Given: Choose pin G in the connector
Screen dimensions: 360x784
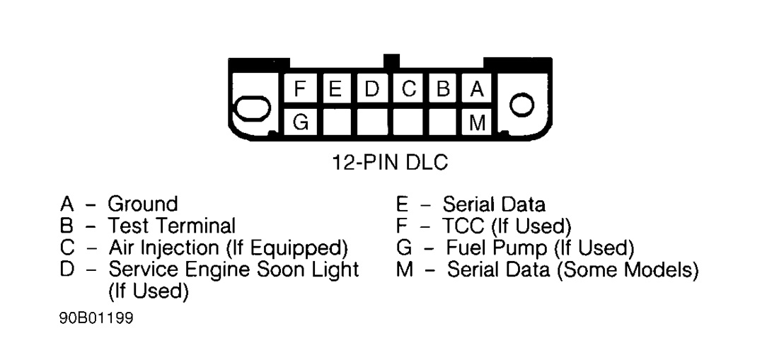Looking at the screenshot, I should (300, 123).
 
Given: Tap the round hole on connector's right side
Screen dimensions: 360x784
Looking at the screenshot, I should (522, 106).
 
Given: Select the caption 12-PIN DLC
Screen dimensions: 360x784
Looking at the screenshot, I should (391, 162).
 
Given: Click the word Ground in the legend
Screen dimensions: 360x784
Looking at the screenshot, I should (142, 205).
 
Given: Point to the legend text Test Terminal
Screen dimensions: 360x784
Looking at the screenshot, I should (171, 226).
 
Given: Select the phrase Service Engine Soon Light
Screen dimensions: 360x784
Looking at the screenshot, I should (234, 269).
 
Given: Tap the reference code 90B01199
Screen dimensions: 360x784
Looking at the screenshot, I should (96, 318).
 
